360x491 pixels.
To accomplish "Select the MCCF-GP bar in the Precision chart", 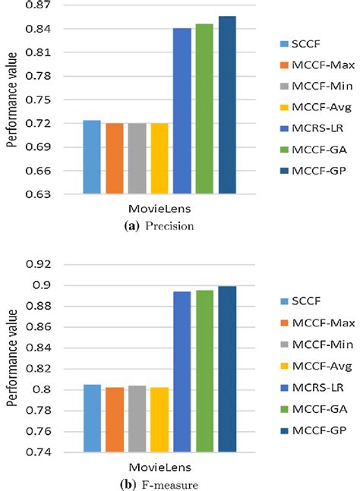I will click(x=227, y=105).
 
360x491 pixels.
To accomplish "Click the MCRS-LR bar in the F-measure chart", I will click(x=182, y=372).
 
